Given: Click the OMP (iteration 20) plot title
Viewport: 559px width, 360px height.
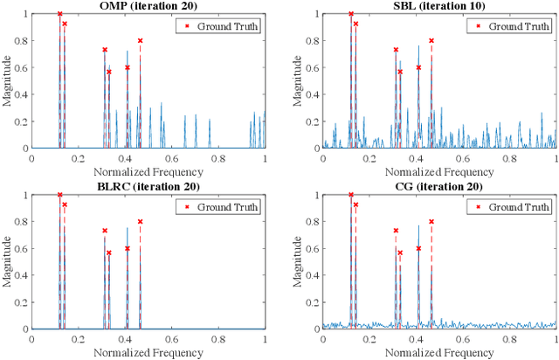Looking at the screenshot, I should tap(148, 6).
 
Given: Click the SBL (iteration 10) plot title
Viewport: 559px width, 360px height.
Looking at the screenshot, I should tap(439, 6).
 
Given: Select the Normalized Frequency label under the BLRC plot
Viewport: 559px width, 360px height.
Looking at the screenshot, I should tap(148, 352).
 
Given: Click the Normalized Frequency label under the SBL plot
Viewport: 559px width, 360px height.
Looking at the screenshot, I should tap(439, 172).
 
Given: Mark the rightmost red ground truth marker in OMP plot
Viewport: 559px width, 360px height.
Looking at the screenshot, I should tap(140, 41).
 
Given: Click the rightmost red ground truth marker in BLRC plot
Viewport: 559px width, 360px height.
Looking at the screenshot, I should tap(140, 221).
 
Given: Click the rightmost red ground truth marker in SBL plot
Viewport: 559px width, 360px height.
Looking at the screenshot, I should tap(431, 41).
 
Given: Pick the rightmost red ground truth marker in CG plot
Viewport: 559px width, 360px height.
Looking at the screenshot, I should tap(431, 221).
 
